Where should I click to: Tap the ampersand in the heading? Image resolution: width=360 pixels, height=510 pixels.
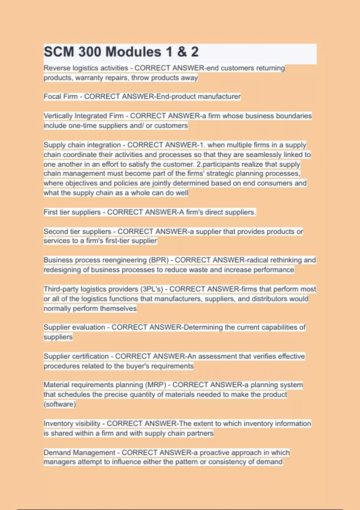(182, 52)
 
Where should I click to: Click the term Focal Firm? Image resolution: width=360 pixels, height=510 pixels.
(61, 97)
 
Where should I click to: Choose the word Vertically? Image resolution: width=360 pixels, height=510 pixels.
(58, 116)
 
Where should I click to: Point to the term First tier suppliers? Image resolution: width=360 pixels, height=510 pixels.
(72, 212)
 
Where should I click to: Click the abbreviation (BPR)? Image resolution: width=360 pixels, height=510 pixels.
(159, 260)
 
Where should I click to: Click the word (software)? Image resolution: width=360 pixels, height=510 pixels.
(60, 404)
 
